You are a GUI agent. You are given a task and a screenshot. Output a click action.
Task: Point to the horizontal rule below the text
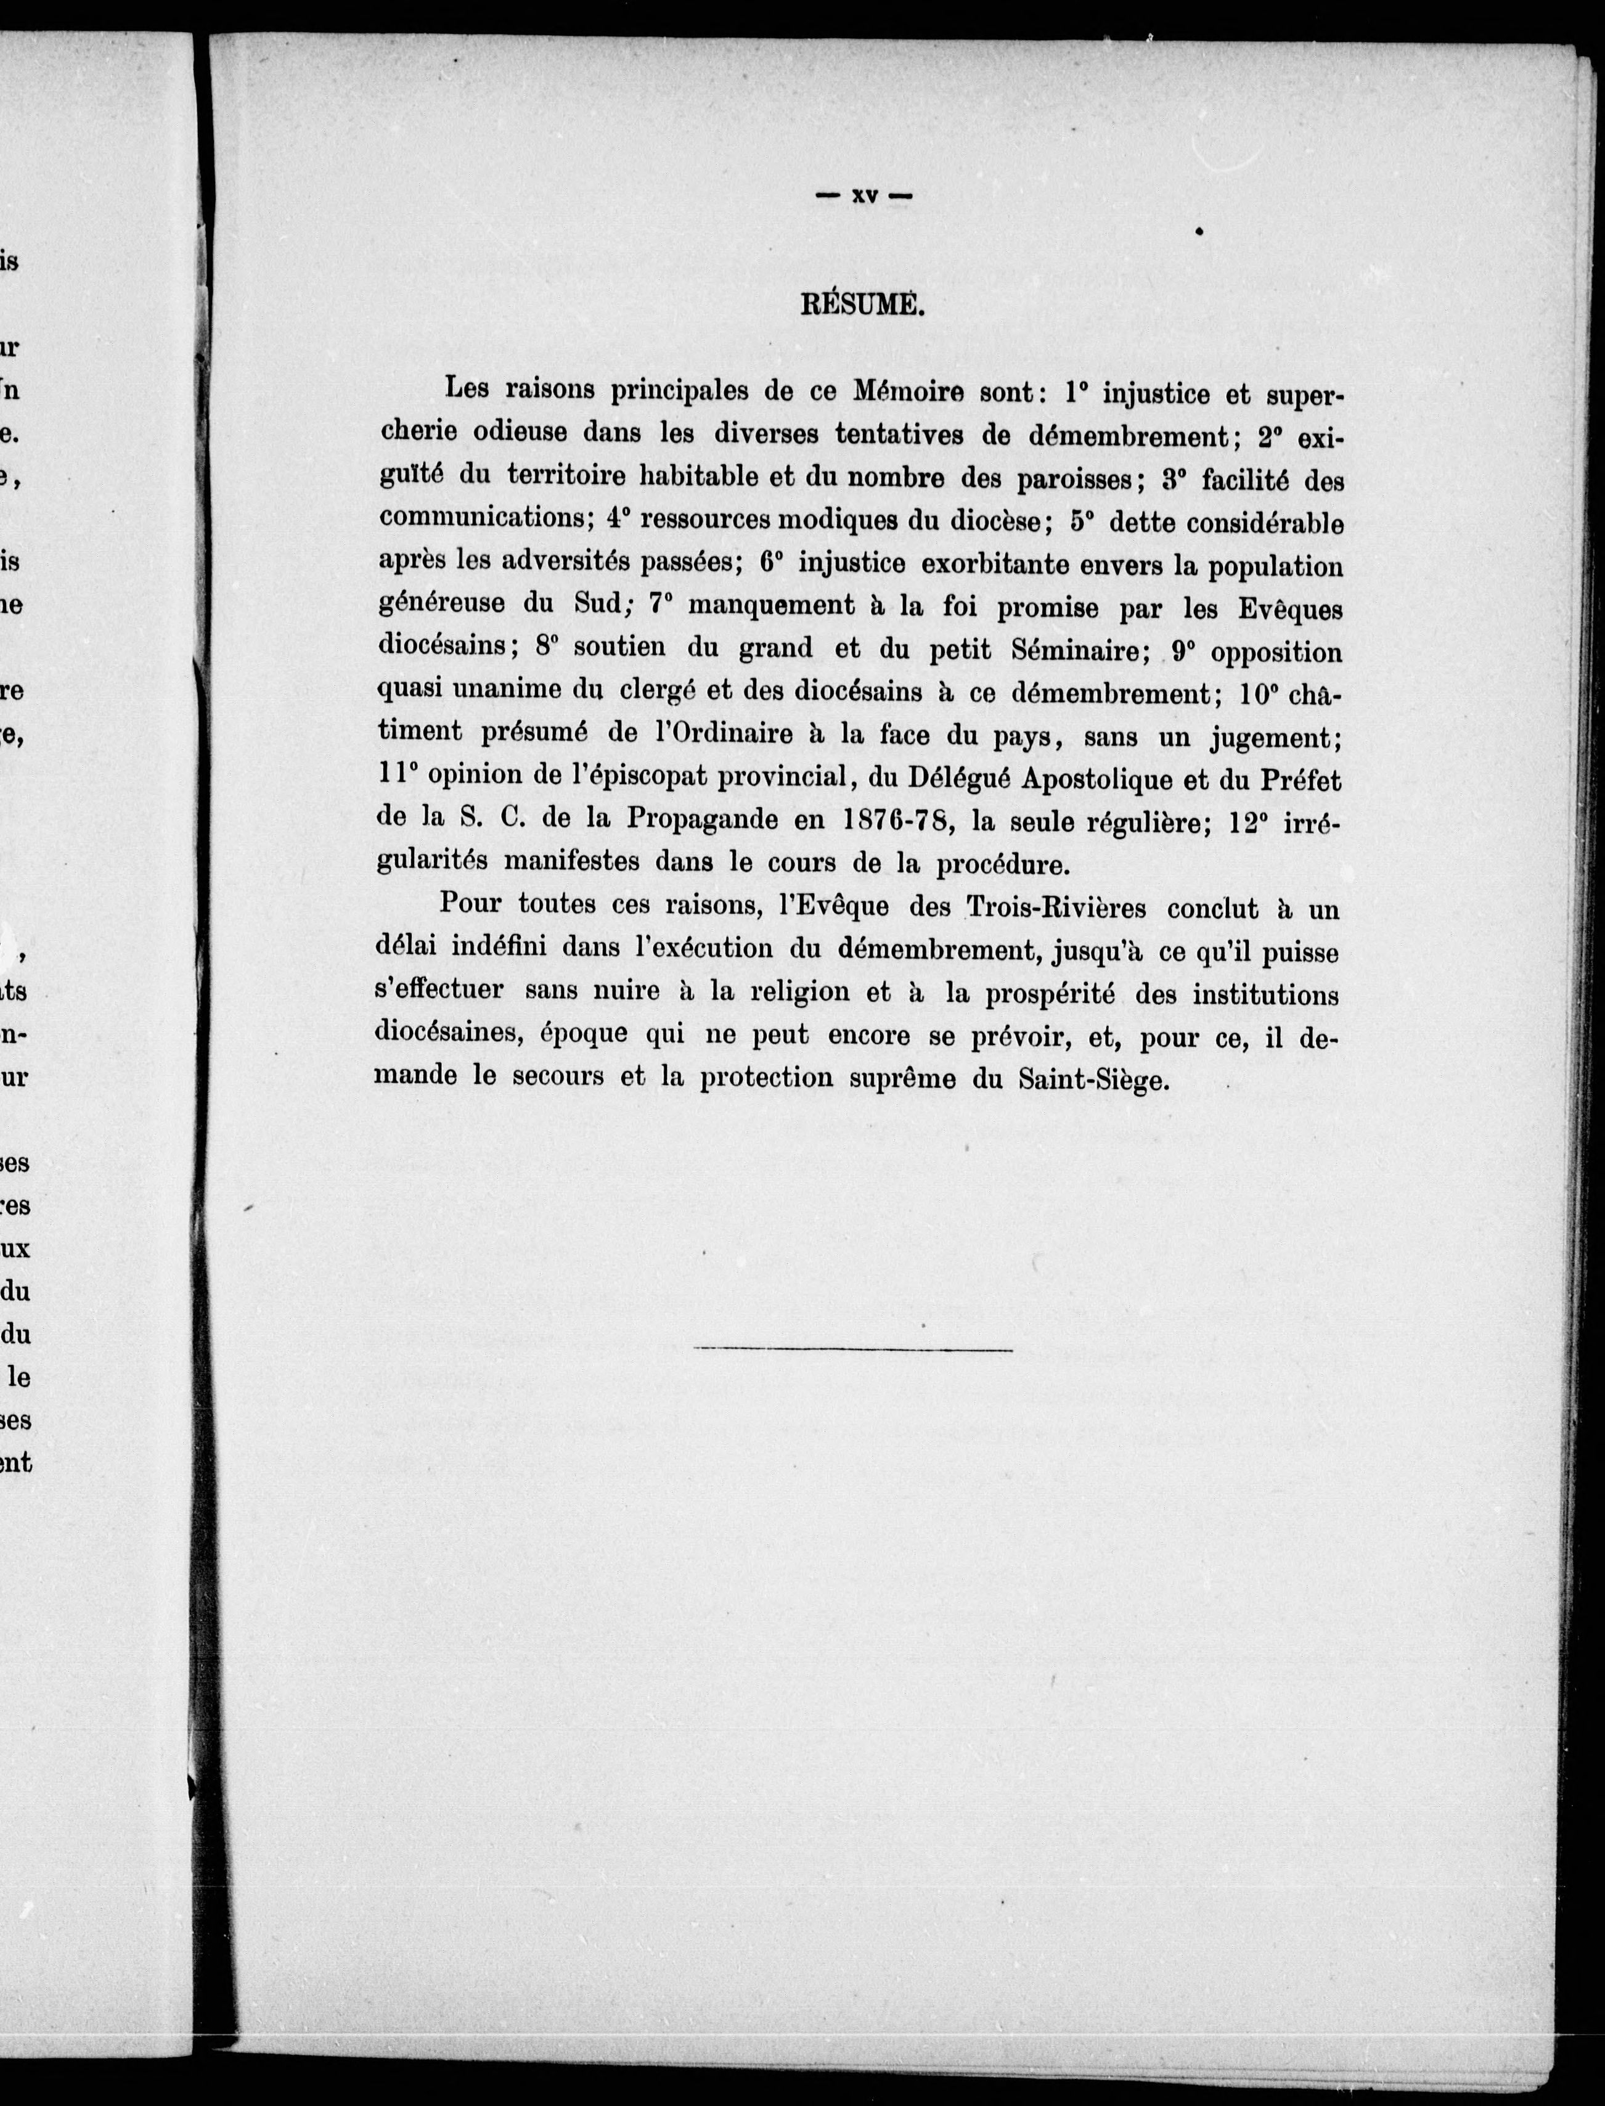853,1349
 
